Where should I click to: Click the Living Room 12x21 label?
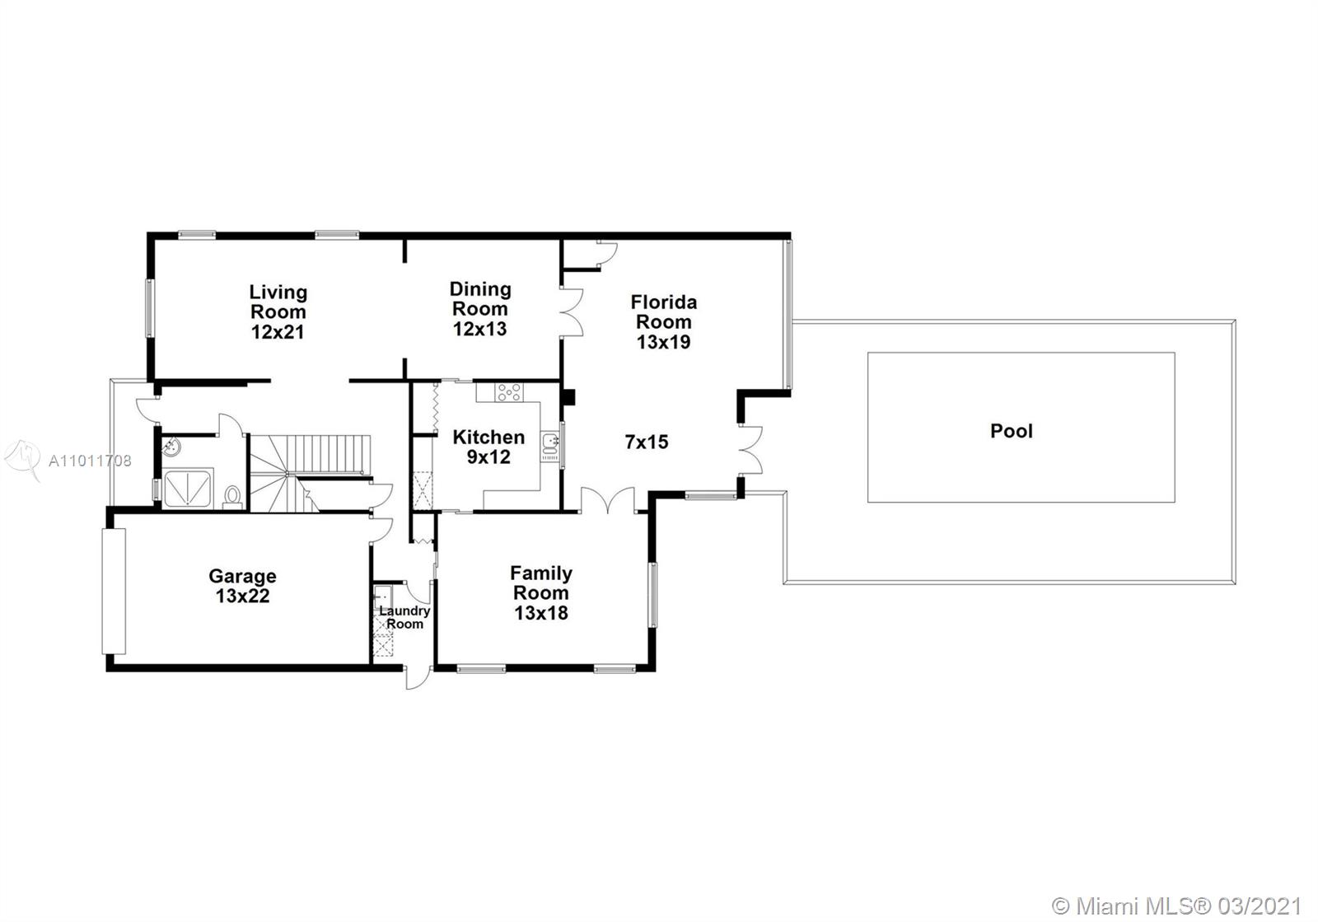click(x=278, y=311)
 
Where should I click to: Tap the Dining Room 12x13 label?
click(x=480, y=309)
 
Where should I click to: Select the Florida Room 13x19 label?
click(x=664, y=322)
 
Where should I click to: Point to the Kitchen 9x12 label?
click(x=488, y=447)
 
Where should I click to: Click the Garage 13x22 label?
click(x=242, y=586)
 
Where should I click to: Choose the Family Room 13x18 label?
click(x=540, y=592)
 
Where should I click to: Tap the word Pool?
click(x=1012, y=431)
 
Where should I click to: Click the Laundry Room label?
click(x=404, y=617)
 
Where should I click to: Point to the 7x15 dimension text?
click(x=647, y=442)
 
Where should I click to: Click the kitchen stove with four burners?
click(x=509, y=392)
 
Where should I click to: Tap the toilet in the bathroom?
click(x=233, y=497)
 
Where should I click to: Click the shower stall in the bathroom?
click(x=188, y=489)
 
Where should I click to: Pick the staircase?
click(x=310, y=473)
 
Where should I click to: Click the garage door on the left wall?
click(x=115, y=591)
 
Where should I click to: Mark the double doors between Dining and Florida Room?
click(x=572, y=312)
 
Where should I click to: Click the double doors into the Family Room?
click(x=608, y=500)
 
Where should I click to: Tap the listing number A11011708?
click(x=90, y=461)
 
